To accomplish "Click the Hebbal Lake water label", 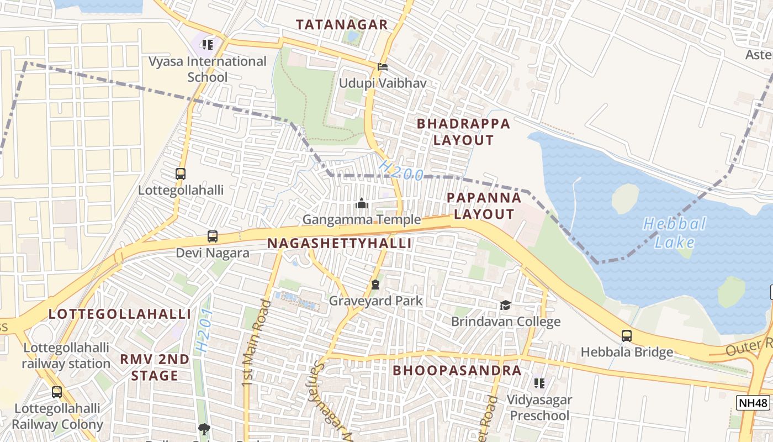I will [x=674, y=233].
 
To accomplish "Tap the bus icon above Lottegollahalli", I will [x=181, y=173].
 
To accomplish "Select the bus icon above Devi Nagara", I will [x=213, y=236].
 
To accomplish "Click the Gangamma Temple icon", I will [x=362, y=204].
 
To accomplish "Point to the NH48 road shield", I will [x=753, y=403].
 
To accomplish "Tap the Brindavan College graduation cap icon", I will [x=505, y=305].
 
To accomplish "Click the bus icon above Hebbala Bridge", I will [x=627, y=335].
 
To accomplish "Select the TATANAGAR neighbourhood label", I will [x=342, y=25].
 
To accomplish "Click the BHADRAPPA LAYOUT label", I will [x=463, y=131].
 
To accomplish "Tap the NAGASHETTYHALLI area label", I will [x=340, y=243].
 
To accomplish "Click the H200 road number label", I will [x=401, y=171].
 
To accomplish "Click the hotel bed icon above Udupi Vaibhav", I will [x=382, y=67].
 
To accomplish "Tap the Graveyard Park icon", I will [x=375, y=285].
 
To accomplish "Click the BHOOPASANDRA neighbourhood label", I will [x=457, y=370].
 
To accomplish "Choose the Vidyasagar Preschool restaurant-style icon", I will [x=539, y=383].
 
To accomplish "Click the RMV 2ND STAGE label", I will [x=155, y=367].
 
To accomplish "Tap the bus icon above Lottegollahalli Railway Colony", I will [x=57, y=392].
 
